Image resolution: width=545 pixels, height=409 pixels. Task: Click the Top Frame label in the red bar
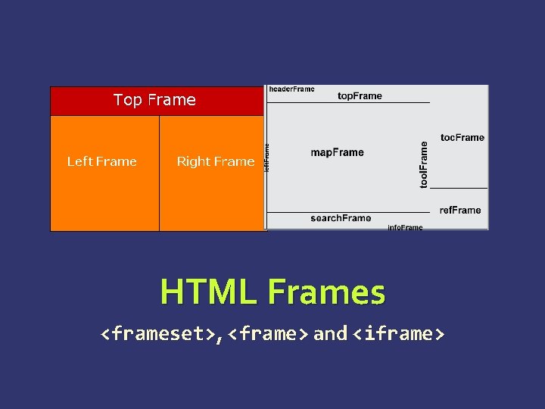(x=154, y=100)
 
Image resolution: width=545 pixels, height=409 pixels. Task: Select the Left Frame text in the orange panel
(x=101, y=161)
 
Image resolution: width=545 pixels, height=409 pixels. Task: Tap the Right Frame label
(x=215, y=161)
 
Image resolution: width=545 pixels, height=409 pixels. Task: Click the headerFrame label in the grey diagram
(x=291, y=89)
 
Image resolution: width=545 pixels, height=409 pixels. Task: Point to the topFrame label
(x=360, y=96)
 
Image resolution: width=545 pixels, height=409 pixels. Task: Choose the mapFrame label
(x=337, y=152)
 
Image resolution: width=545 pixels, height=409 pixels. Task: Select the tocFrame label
(x=462, y=138)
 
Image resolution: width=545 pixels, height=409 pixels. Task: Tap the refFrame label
(x=459, y=210)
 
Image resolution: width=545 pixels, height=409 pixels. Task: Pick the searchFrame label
(x=341, y=218)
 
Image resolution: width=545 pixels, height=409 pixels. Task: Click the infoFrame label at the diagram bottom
(x=405, y=227)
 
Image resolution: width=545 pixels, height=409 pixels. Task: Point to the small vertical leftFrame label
(x=266, y=158)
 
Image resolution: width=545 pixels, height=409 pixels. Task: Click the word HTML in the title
(x=210, y=292)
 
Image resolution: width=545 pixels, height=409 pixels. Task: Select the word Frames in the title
(x=326, y=292)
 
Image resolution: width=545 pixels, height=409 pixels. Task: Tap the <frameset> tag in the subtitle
(x=158, y=334)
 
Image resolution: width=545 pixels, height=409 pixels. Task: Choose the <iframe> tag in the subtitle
(x=397, y=334)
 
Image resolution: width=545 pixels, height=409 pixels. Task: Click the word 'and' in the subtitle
(x=330, y=334)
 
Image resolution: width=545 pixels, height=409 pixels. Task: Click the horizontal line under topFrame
(x=348, y=103)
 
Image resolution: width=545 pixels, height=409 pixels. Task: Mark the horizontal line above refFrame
(x=459, y=188)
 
